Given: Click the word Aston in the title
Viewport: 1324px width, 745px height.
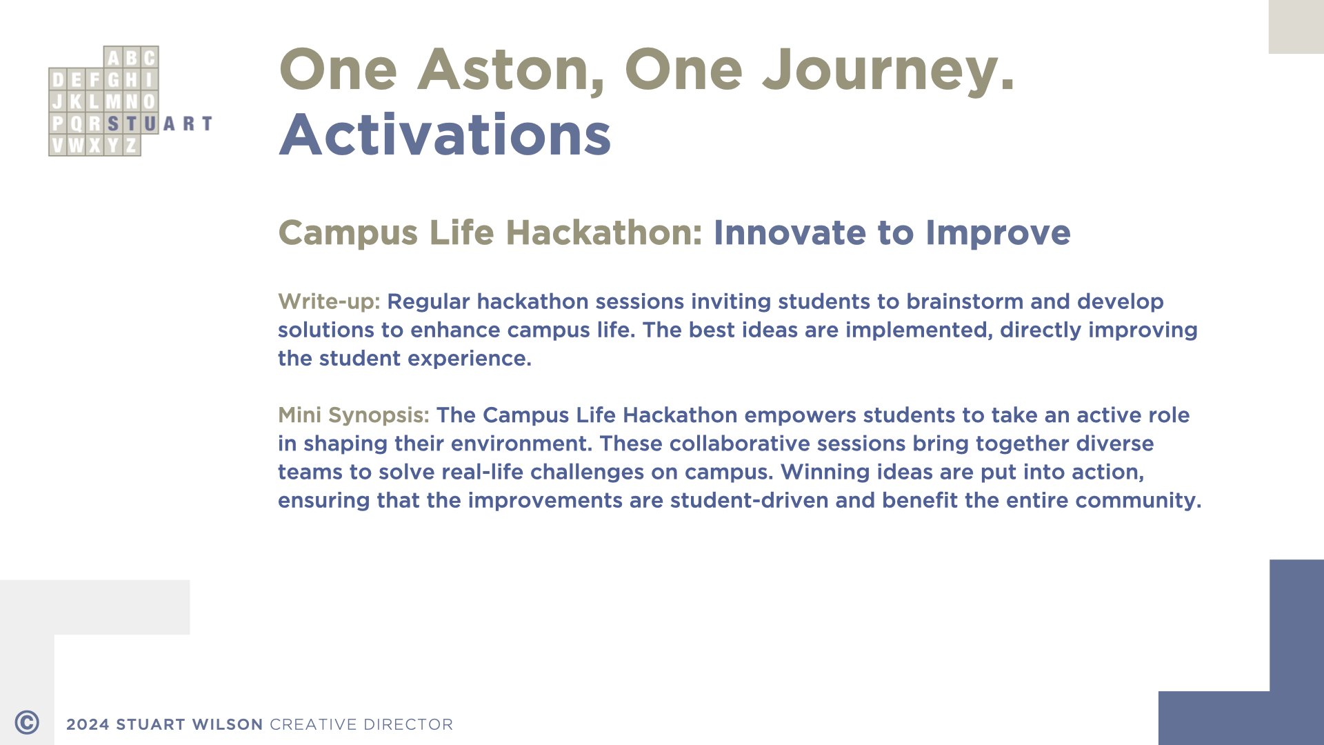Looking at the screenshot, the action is tap(511, 70).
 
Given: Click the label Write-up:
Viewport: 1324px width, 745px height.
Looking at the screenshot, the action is tap(329, 301).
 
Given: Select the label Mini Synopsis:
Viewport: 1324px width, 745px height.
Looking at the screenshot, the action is tap(354, 415).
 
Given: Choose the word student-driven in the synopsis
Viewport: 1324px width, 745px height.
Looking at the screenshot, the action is tap(749, 500).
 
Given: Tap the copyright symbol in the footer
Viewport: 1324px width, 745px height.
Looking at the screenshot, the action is tap(27, 723).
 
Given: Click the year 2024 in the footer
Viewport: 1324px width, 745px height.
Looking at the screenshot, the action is tap(88, 724).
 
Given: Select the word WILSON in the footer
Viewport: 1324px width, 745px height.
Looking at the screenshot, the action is tap(228, 724).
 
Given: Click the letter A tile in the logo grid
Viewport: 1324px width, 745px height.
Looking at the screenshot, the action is tap(113, 57).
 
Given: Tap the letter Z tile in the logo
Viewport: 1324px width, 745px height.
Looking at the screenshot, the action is tap(131, 146).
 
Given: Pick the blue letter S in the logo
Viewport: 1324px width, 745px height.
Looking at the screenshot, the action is tap(113, 123).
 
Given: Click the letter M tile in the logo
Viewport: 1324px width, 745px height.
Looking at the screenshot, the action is tap(113, 101).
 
